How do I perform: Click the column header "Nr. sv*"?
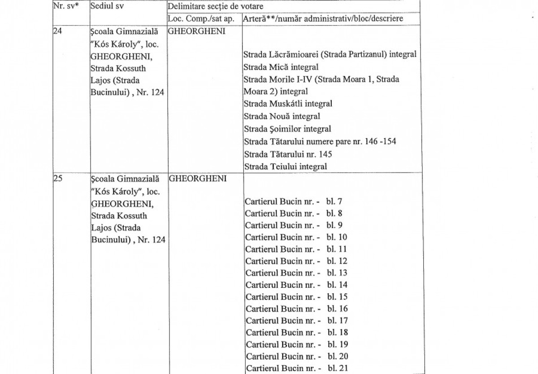tap(66, 7)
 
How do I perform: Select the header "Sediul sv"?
tap(107, 7)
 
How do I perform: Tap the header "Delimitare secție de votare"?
tap(215, 7)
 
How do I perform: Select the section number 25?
tap(57, 179)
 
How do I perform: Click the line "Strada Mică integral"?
tap(281, 67)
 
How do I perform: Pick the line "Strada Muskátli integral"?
tap(287, 104)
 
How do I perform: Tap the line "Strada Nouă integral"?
tap(282, 117)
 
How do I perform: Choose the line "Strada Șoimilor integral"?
tap(287, 129)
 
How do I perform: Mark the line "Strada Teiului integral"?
tap(285, 167)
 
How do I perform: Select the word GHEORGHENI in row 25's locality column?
tap(198, 179)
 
